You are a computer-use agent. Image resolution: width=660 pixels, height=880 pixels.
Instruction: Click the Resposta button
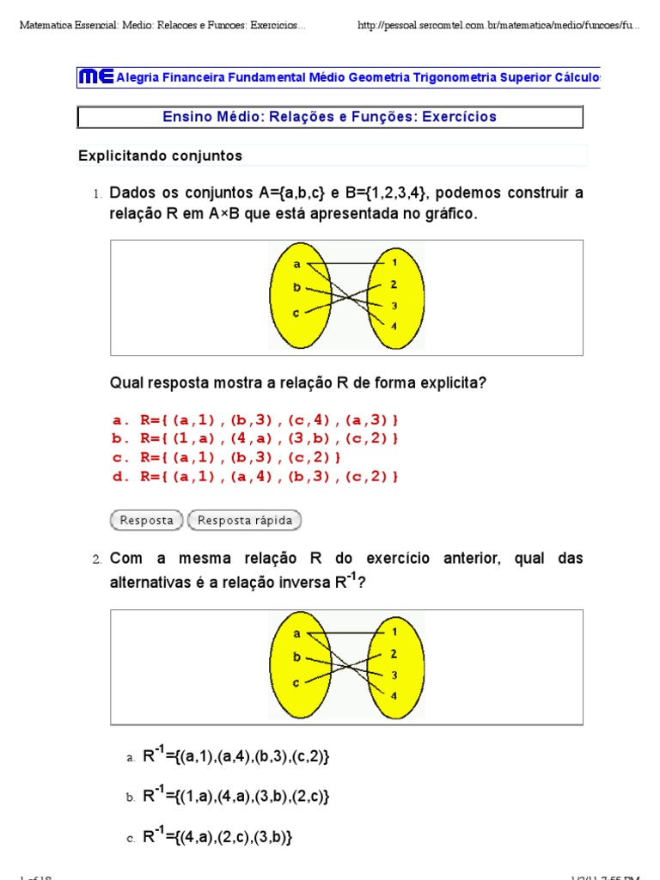[147, 520]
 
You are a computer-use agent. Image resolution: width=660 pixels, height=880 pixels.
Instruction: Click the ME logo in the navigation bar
[95, 77]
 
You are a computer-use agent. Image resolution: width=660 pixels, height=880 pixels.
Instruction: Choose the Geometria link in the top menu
[381, 77]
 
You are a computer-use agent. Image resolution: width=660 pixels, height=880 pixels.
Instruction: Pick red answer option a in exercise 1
[255, 420]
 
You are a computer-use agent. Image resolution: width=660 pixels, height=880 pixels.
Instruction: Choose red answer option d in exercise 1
[255, 476]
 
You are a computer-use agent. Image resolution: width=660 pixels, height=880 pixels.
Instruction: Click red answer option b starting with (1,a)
[255, 439]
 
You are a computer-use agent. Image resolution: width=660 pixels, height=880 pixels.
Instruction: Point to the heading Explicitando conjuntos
[161, 156]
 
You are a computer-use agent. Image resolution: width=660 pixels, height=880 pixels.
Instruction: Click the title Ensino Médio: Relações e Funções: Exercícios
[330, 117]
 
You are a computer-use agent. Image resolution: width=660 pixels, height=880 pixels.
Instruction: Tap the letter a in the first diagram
[296, 266]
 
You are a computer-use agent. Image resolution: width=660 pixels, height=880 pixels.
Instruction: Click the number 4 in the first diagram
[394, 327]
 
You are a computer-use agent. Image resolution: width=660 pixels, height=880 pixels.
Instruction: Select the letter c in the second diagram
[296, 682]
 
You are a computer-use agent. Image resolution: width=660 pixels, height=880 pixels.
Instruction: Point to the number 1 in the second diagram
[394, 632]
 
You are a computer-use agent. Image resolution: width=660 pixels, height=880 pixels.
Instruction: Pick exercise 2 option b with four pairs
[235, 797]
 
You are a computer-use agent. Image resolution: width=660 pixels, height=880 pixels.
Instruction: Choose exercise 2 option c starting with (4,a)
[217, 837]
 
